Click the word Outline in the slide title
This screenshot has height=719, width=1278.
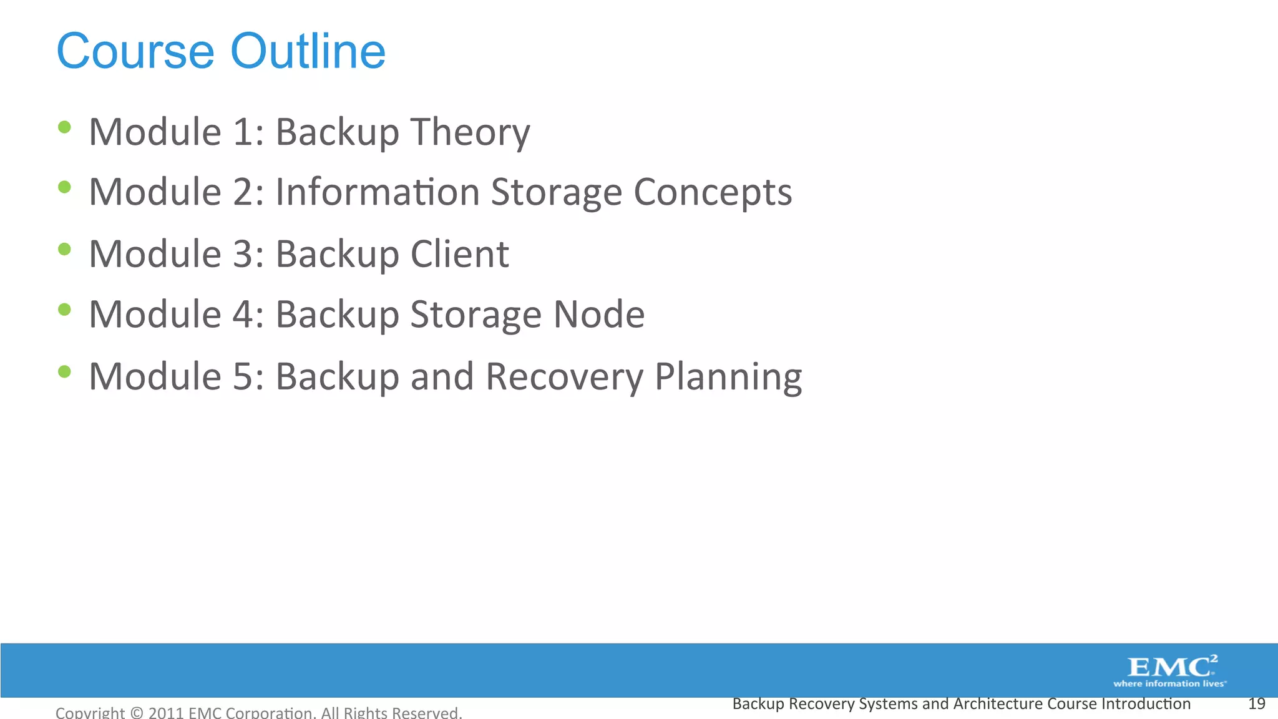[308, 51]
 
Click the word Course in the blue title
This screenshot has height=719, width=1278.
[135, 51]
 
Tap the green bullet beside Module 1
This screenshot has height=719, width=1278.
[64, 127]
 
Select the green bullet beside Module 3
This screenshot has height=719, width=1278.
[64, 250]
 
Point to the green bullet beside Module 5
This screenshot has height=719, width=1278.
[64, 372]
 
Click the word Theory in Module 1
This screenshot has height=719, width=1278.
[470, 132]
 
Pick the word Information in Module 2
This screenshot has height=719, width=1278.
[378, 192]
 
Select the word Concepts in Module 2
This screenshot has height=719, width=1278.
[713, 192]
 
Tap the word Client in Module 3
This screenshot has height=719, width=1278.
[459, 254]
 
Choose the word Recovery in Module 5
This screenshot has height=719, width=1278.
[564, 377]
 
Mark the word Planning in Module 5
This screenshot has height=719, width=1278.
[728, 377]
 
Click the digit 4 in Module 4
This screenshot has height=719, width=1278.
[243, 314]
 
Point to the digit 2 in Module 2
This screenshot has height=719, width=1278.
[243, 192]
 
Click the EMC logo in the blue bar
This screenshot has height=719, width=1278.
[1172, 667]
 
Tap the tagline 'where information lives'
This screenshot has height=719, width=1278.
[1169, 684]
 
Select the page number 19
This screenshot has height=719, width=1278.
[1256, 704]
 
